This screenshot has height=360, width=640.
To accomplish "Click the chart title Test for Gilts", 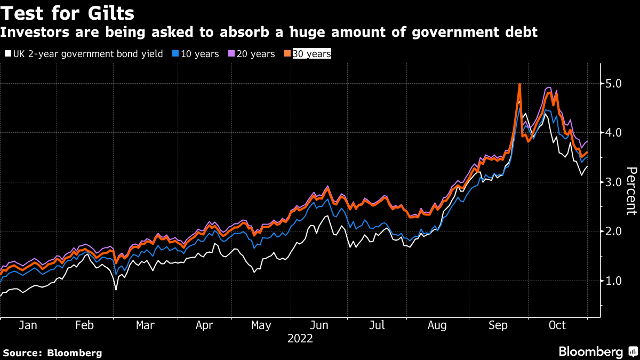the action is [67, 13].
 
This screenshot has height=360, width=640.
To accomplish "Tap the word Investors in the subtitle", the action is [35, 32].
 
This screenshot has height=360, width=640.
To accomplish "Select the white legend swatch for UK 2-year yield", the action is [8, 53].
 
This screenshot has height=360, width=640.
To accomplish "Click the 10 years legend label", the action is [199, 54].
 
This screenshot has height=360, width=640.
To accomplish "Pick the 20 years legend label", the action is [255, 54].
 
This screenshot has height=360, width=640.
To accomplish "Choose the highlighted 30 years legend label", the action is [311, 54].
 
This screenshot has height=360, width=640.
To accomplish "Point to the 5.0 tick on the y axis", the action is [613, 84].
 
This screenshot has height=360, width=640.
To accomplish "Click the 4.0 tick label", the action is [613, 133].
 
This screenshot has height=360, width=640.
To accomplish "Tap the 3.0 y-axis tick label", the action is [613, 182].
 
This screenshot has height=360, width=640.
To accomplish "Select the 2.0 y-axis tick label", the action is [613, 231].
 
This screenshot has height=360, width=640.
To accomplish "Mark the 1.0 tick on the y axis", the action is [613, 281].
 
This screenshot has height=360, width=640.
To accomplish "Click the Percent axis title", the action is [631, 191].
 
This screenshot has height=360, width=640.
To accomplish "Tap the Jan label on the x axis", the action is [28, 325].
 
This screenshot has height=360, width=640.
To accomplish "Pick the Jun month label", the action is [319, 325].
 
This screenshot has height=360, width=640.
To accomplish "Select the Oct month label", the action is [557, 325].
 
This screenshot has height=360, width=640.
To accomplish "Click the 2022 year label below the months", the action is [300, 339].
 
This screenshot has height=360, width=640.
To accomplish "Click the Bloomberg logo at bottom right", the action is [598, 351].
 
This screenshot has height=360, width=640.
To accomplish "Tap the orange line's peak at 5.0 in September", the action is [519, 84].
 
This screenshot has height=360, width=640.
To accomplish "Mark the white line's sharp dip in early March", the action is [116, 290].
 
